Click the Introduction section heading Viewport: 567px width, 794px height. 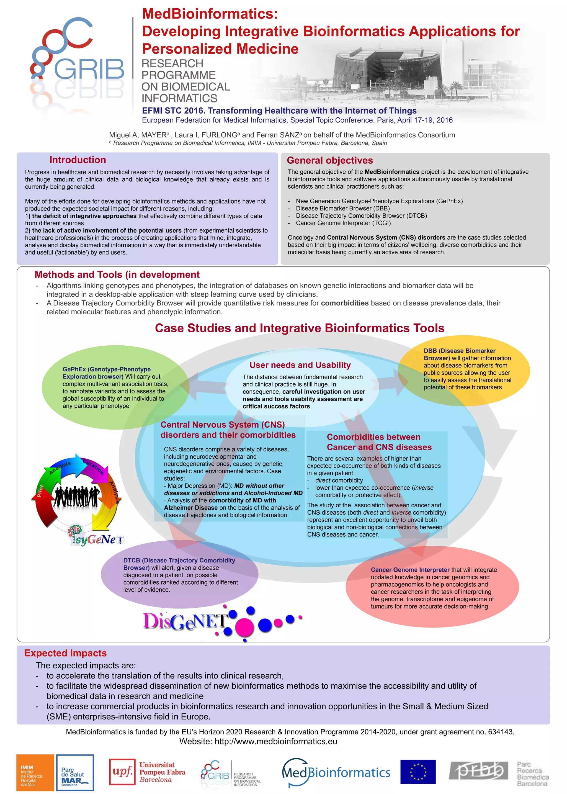coord(78,160)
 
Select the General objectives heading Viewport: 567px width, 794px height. coord(329,160)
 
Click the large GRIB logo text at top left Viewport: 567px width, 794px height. coord(89,69)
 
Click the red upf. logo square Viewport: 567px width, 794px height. coord(122,772)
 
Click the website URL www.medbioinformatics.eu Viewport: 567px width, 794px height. coord(276,741)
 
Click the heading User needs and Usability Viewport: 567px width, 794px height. coord(300,365)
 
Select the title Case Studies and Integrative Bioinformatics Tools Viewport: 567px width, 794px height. coord(300,328)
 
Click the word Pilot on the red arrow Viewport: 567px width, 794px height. coord(40,490)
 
